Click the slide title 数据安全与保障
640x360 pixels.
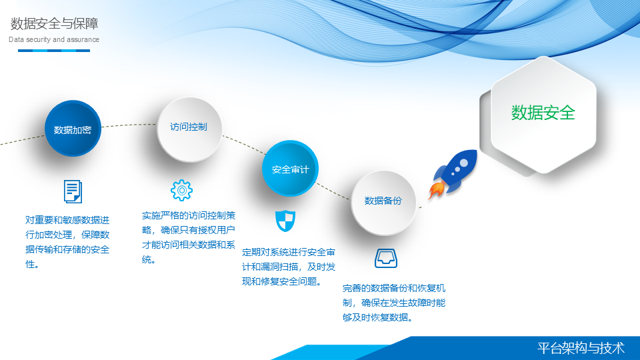click(x=54, y=24)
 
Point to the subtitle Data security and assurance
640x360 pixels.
click(x=54, y=39)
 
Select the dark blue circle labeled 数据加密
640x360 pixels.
click(x=73, y=128)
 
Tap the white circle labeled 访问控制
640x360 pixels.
click(x=189, y=129)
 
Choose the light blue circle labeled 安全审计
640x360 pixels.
click(x=290, y=168)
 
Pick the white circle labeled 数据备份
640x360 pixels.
click(x=383, y=203)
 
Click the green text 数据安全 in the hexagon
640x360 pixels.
click(x=543, y=113)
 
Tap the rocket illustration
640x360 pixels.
click(x=453, y=174)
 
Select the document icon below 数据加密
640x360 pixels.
click(x=73, y=191)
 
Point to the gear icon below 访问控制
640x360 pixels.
click(x=181, y=190)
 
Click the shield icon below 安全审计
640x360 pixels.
click(x=285, y=221)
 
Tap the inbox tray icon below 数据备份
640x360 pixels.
click(x=386, y=258)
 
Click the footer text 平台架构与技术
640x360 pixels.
click(x=581, y=348)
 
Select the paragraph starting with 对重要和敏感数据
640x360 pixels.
click(x=67, y=242)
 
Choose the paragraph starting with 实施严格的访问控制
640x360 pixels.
click(x=189, y=237)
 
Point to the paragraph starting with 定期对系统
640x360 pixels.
click(x=289, y=267)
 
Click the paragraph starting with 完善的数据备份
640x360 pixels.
click(x=394, y=303)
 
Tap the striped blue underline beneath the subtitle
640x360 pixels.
click(x=54, y=51)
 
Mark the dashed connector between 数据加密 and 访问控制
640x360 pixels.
click(x=129, y=125)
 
